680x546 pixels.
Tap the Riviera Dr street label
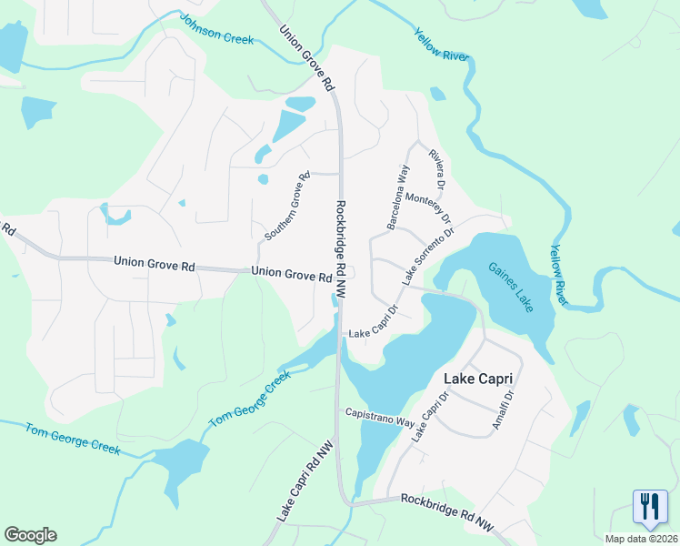click(x=437, y=169)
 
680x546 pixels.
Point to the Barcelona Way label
click(x=399, y=196)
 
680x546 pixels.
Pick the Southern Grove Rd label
click(x=287, y=206)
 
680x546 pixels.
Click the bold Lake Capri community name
click(x=478, y=378)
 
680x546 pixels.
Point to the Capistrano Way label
click(x=380, y=419)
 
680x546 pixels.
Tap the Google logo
click(x=30, y=534)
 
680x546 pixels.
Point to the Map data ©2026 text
click(x=642, y=539)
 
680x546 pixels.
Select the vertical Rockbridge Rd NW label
click(x=341, y=248)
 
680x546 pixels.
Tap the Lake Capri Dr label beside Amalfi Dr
click(x=431, y=418)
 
